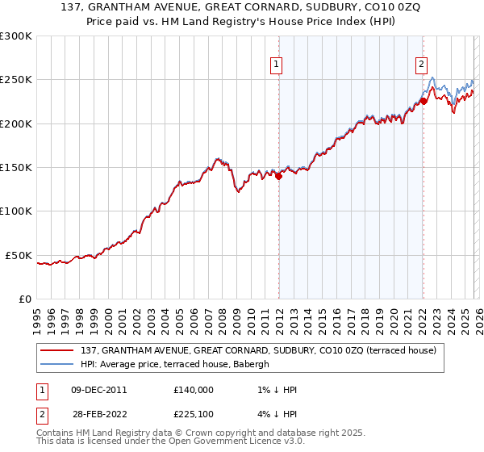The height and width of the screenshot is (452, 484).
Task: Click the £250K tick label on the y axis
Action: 15,80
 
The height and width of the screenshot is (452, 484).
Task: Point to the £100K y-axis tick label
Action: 15,211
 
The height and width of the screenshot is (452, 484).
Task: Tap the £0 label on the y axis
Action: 24,299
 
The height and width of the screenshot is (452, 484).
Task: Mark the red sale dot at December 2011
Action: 278,177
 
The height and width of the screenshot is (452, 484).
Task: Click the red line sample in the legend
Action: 57,350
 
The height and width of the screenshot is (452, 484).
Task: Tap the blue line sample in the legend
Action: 57,364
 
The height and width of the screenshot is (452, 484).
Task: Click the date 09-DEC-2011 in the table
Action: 99,390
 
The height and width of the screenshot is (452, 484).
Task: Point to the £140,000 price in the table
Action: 193,390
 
